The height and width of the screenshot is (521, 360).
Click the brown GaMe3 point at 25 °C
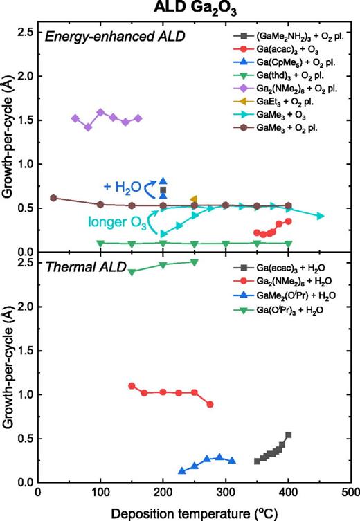(x=54, y=198)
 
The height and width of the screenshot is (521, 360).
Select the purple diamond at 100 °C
(x=101, y=112)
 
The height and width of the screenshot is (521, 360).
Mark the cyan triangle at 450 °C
(x=320, y=216)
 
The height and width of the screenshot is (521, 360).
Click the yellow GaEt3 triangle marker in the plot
(x=194, y=199)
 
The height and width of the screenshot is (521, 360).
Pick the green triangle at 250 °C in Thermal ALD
(x=195, y=262)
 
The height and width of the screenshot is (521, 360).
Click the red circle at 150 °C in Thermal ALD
(x=132, y=385)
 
